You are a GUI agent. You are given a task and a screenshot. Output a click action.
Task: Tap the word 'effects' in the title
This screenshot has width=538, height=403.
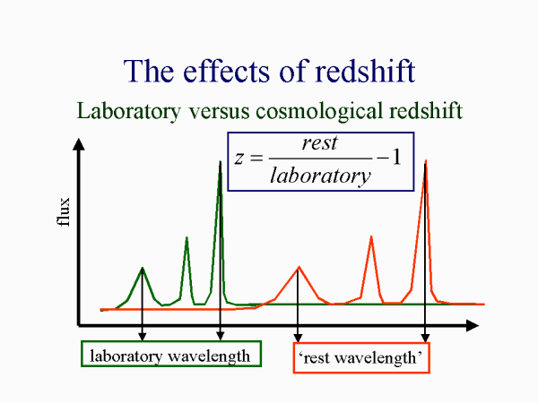(x=236, y=71)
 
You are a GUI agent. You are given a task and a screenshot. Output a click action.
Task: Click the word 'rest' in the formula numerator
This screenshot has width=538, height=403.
(x=319, y=143)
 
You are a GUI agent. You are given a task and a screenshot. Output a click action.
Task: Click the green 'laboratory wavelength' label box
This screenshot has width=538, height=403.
(x=170, y=356)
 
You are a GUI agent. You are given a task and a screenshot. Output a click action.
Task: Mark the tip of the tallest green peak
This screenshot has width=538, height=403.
(x=220, y=161)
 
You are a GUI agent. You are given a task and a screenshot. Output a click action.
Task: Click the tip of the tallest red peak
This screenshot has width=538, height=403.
(x=425, y=161)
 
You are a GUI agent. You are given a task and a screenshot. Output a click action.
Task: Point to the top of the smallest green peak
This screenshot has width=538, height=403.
(x=143, y=268)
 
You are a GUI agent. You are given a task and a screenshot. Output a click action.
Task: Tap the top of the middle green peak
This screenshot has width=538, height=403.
(x=187, y=237)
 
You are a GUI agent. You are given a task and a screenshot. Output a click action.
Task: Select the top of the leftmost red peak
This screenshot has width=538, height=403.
(x=299, y=267)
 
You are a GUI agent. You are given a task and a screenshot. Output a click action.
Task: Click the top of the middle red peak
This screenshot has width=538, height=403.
(x=371, y=236)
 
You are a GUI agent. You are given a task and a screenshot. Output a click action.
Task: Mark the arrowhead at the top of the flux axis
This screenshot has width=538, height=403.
(x=80, y=143)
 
